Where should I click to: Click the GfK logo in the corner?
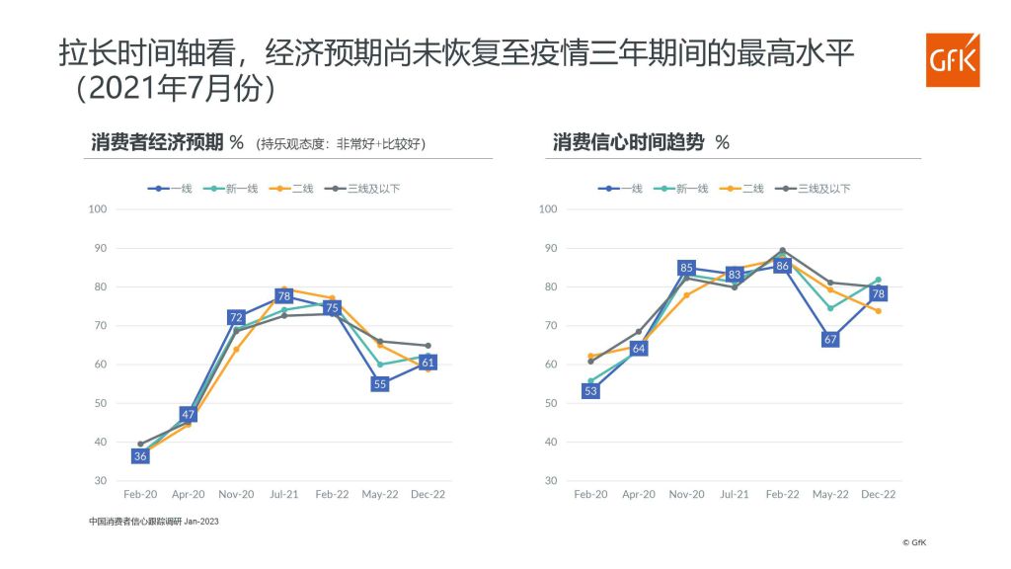point(953,60)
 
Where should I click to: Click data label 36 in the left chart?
point(140,455)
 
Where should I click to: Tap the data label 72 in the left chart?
point(236,318)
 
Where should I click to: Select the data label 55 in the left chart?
point(380,384)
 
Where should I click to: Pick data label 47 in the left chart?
point(189,414)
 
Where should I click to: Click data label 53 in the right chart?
point(590,391)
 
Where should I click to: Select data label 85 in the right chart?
point(686,268)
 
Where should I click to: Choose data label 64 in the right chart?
point(639,349)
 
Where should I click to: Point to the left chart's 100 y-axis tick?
point(97,209)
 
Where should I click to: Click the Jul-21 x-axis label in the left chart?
point(284,494)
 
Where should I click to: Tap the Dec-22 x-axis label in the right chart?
point(878,494)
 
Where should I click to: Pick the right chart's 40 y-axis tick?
point(548,442)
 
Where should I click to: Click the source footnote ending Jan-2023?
point(153,522)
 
